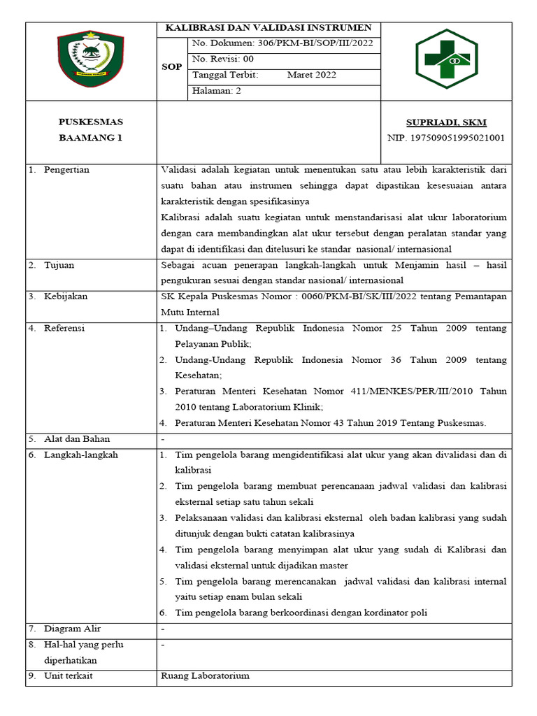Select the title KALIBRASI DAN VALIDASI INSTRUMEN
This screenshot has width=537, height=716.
click(x=268, y=29)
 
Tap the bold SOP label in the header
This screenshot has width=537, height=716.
click(x=173, y=68)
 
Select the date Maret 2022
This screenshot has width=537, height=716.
click(x=311, y=76)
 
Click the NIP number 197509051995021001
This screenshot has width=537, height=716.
click(x=445, y=138)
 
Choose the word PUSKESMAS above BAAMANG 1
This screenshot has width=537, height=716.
click(x=90, y=122)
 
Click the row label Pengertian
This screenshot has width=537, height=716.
click(x=66, y=170)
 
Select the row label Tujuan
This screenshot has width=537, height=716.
click(x=59, y=266)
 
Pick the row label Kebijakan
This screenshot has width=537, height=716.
click(x=66, y=297)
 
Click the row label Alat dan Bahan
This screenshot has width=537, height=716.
click(x=77, y=440)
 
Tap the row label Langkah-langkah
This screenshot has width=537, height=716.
click(x=81, y=455)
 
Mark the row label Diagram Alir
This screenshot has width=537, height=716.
click(x=72, y=629)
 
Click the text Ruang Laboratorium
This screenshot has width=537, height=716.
click(x=205, y=676)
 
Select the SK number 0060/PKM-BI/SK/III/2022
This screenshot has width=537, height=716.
click(x=354, y=297)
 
